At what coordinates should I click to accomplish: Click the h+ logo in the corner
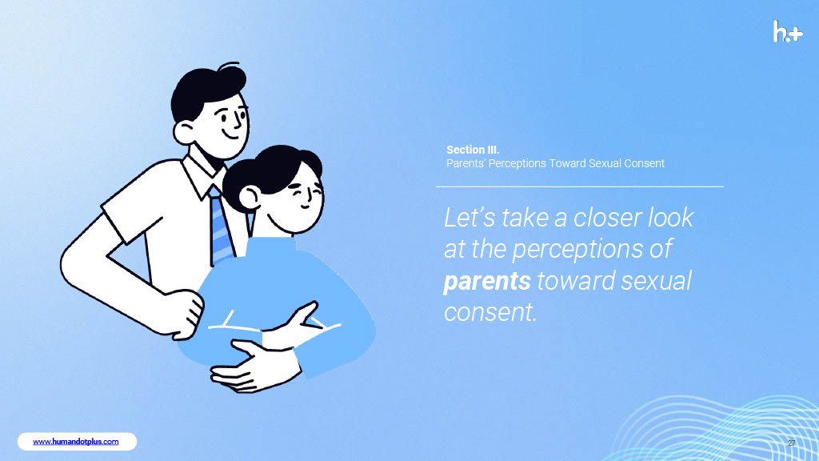[x=788, y=31]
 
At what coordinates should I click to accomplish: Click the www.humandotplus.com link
[x=76, y=442]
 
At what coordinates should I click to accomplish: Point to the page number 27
[x=791, y=443]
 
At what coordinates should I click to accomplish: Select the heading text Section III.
[x=473, y=150]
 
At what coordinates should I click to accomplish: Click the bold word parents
[x=487, y=281]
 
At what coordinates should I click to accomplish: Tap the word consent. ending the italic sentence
[x=490, y=312]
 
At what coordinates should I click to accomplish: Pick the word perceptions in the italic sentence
[x=577, y=250]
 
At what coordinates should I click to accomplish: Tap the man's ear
[x=184, y=132]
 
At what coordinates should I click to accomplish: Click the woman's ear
[x=250, y=197]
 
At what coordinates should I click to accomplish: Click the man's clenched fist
[x=183, y=314]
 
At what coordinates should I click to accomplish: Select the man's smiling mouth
[x=231, y=134]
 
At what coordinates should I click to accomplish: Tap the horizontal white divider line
[x=580, y=186]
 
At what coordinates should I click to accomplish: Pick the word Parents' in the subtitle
[x=465, y=163]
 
